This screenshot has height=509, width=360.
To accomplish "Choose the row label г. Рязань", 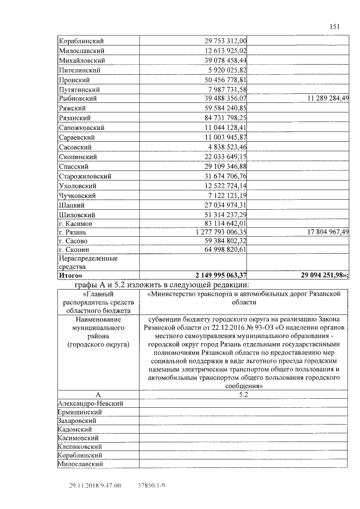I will click(74, 231).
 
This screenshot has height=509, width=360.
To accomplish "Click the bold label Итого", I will click(70, 275).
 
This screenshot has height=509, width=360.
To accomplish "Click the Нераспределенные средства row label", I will click(88, 262).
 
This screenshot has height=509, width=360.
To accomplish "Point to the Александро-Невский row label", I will click(91, 403).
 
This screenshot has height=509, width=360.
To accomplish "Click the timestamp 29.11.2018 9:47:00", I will click(95, 484).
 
